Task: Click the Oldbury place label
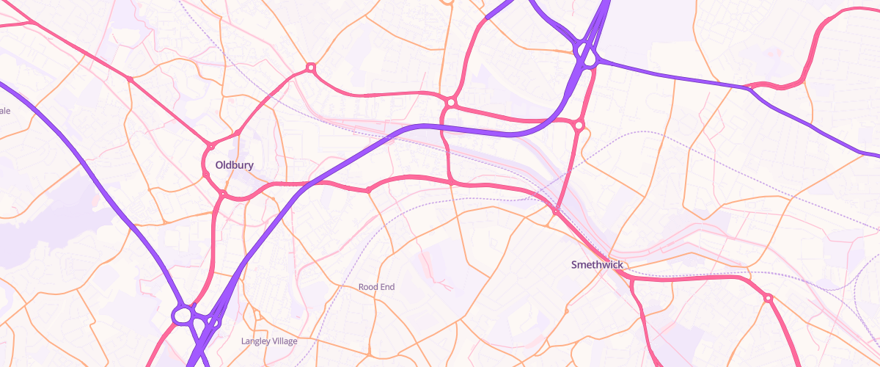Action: (x=230, y=165)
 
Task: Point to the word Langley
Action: (x=256, y=341)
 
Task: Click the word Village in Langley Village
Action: (x=286, y=341)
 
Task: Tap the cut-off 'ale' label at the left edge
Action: (x=5, y=111)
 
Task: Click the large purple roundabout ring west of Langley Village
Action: (x=183, y=316)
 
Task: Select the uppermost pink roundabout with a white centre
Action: (x=311, y=68)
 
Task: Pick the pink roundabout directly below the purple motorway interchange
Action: (x=579, y=126)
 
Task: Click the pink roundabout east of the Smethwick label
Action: (x=768, y=298)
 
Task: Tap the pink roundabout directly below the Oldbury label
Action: (x=222, y=194)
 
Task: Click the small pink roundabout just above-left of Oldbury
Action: (x=210, y=146)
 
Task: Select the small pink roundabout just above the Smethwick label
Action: (x=556, y=211)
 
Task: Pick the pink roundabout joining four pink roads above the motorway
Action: (x=450, y=102)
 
